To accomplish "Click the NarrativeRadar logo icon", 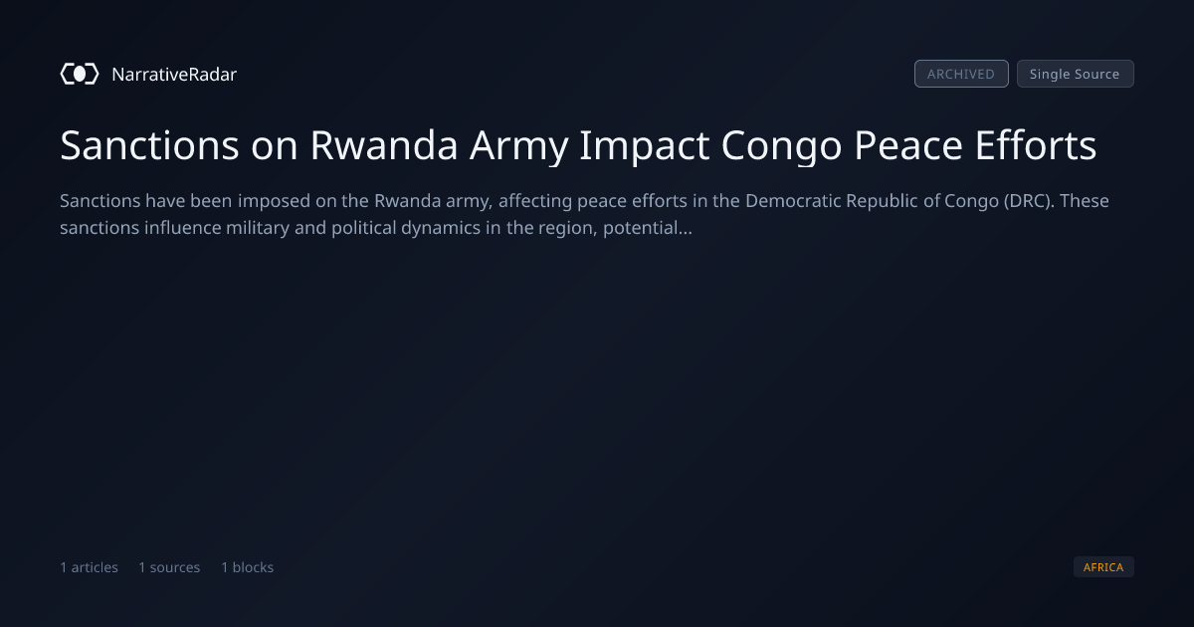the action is (x=80, y=74).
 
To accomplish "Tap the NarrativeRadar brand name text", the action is (x=174, y=75).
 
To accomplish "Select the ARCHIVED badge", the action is (x=961, y=74).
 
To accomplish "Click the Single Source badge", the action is (x=1076, y=74).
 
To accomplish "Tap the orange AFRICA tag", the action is (x=1103, y=566).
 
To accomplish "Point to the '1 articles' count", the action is (x=89, y=567).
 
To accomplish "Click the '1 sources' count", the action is (x=169, y=567).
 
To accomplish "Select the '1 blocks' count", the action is (x=248, y=567).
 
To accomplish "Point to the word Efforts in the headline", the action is (x=1036, y=145).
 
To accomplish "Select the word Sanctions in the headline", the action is (x=149, y=145).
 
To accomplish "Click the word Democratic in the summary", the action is (x=793, y=201).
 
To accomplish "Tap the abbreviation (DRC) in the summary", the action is (x=1029, y=201).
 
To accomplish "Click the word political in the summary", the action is (x=363, y=228).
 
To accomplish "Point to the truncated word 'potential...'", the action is (x=648, y=228).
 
